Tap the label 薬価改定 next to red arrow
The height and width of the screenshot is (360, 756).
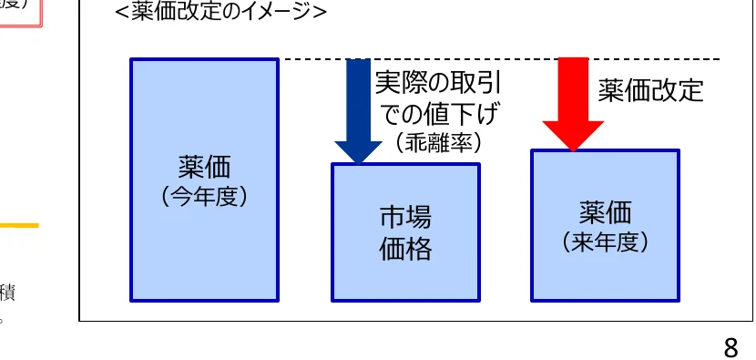(650, 90)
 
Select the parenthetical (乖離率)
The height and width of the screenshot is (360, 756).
(438, 142)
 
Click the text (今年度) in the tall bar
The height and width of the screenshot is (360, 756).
(204, 196)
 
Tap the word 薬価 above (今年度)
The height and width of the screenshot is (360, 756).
(204, 167)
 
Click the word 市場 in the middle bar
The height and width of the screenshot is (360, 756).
(404, 218)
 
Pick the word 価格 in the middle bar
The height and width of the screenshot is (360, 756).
(404, 249)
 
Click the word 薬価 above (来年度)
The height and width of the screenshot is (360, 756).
(605, 213)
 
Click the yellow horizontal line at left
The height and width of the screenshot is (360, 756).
(18, 225)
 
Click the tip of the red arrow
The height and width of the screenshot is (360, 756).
(573, 149)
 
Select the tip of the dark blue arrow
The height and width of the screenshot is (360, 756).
(358, 163)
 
